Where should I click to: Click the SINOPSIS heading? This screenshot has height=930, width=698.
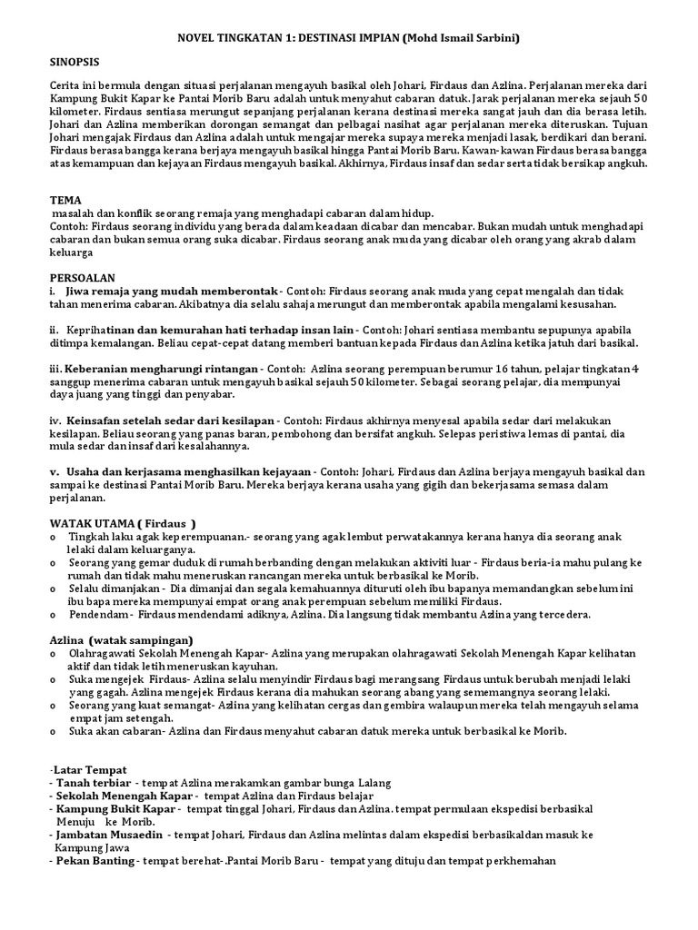pos(75,61)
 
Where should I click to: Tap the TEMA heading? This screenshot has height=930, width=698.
pos(65,200)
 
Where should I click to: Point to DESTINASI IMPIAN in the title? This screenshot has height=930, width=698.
pos(345,39)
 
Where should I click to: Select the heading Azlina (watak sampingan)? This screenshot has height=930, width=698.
pos(121,640)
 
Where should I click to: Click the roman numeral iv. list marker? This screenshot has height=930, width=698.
pos(55,420)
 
